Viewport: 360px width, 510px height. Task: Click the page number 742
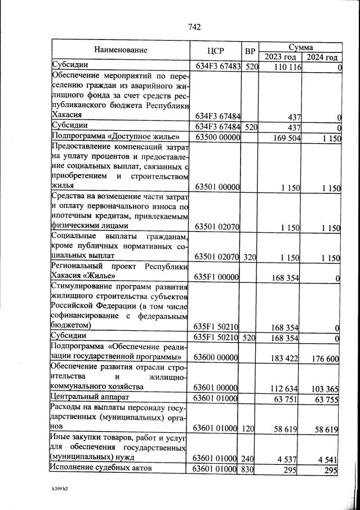(194, 26)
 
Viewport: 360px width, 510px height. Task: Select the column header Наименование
(121, 50)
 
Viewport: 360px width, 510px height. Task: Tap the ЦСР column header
(216, 50)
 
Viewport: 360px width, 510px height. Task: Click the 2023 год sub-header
(280, 57)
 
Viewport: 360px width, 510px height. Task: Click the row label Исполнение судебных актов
(100, 468)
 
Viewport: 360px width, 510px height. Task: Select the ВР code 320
(251, 258)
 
